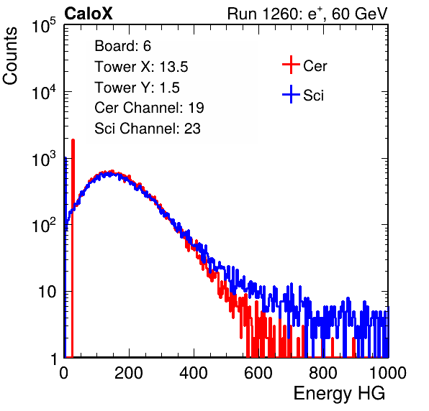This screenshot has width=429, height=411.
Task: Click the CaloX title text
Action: pos(88,14)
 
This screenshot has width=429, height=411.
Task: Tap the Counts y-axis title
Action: pos(10,56)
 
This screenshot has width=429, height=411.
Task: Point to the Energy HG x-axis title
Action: pos(339,394)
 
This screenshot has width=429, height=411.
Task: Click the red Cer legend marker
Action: pos(291,65)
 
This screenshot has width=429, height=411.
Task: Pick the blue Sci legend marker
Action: pos(291,95)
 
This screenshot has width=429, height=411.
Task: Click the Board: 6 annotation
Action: pos(122,46)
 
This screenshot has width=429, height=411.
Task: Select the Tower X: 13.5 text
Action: pos(141,67)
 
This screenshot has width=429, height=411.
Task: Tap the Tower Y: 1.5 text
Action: pos(137,88)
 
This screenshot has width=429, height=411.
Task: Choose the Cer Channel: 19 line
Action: pos(149,108)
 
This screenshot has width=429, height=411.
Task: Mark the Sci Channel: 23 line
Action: pos(148,129)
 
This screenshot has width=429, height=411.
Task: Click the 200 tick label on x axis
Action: pos(129,373)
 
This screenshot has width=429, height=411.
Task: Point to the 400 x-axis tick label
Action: pos(194,373)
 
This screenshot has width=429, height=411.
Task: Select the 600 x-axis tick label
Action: pos(258,373)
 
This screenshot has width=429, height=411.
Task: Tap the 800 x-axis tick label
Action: pos(323,373)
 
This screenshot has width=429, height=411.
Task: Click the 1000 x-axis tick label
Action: pos(388,373)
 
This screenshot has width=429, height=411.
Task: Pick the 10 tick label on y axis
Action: pos(48,292)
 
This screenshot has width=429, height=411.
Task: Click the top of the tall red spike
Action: pos(73,140)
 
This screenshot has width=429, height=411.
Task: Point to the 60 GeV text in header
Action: pos(360,14)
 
